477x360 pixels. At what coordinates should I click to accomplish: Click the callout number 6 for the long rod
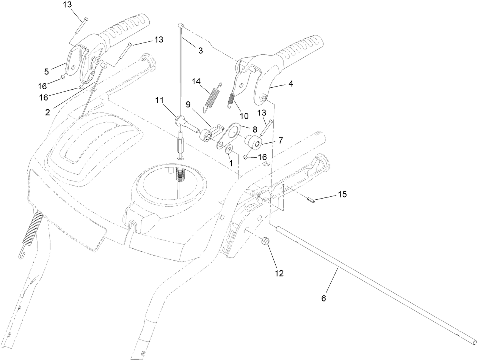(x=323, y=298)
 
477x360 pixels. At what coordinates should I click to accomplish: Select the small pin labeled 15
(x=311, y=200)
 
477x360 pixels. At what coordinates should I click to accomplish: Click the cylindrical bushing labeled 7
(x=253, y=142)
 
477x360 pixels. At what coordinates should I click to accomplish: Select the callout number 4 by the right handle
(x=291, y=84)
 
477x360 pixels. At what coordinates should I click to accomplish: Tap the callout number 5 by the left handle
(x=47, y=71)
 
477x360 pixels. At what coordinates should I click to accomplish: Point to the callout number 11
(x=160, y=100)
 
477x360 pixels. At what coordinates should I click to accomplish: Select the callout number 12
(x=279, y=273)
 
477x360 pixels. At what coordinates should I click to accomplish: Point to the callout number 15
(x=342, y=194)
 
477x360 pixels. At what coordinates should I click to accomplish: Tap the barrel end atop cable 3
(x=181, y=25)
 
